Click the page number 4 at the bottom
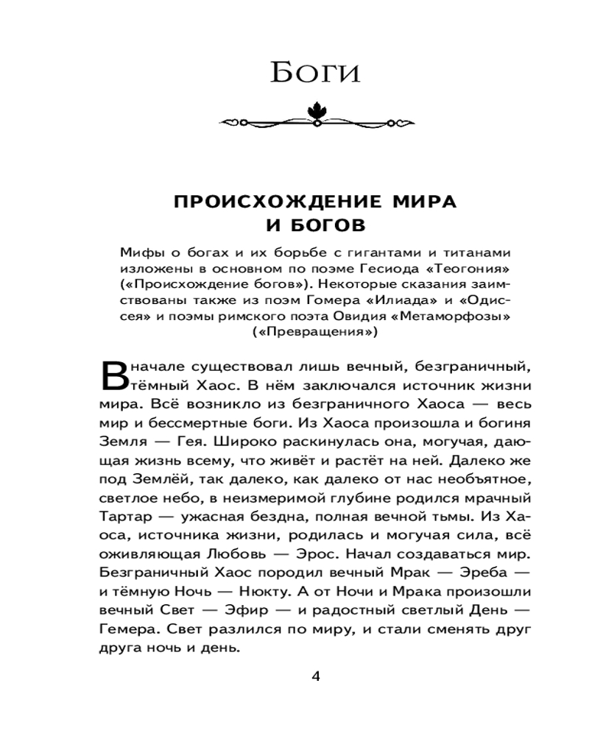point(317,677)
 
